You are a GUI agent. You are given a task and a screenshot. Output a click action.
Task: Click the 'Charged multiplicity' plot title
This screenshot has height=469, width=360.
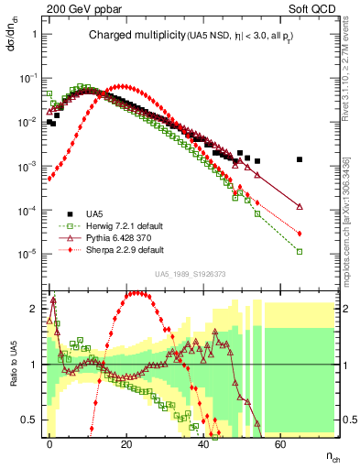pos(128,36)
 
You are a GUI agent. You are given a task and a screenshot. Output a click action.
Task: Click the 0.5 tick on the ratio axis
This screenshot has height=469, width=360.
pos(32,420)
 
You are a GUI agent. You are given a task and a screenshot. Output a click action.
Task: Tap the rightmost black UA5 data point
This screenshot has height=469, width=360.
pos(300,159)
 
